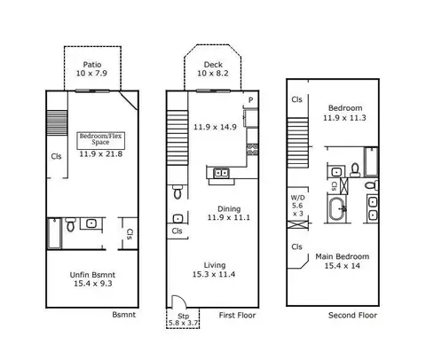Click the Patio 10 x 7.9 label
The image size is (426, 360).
pos(91,69)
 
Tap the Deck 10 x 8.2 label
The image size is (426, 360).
pos(213,69)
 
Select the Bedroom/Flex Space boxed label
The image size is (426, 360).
pos(101,140)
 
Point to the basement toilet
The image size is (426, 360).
pos(70,224)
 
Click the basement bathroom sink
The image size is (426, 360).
pos(91,223)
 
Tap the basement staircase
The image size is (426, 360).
pos(58,123)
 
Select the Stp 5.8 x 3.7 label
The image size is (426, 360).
pos(184,320)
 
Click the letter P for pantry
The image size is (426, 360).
pos(250,100)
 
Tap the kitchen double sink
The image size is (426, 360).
pos(221,173)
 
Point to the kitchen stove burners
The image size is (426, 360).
pos(252,149)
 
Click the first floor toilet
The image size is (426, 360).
pos(177,192)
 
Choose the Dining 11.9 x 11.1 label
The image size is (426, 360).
pos(229,213)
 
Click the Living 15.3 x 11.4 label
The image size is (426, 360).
pos(214,270)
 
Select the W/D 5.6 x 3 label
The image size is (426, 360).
pos(297,206)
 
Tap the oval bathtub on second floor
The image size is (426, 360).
pos(336,209)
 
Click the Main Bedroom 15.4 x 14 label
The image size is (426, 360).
pos(343,261)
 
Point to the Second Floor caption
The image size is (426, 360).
pos(352,316)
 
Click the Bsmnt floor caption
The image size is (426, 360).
pos(123,315)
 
